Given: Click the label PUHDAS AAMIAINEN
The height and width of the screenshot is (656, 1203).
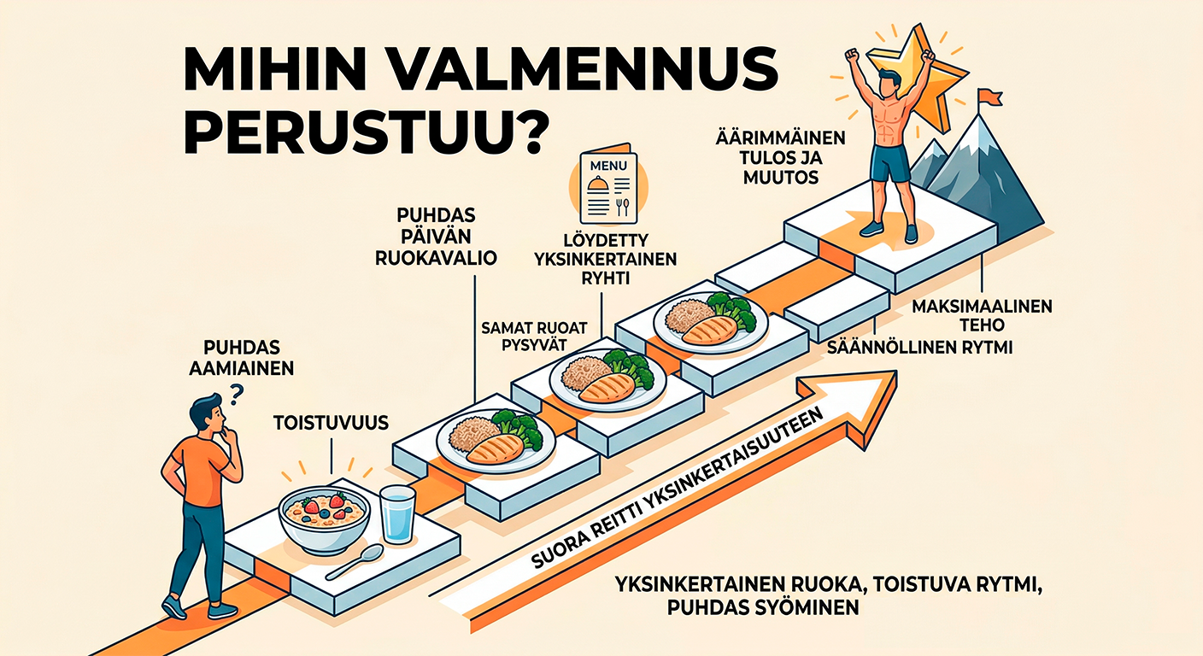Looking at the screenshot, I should (x=248, y=359).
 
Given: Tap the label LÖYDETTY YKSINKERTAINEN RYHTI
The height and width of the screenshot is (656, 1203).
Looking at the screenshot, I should (x=603, y=260).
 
